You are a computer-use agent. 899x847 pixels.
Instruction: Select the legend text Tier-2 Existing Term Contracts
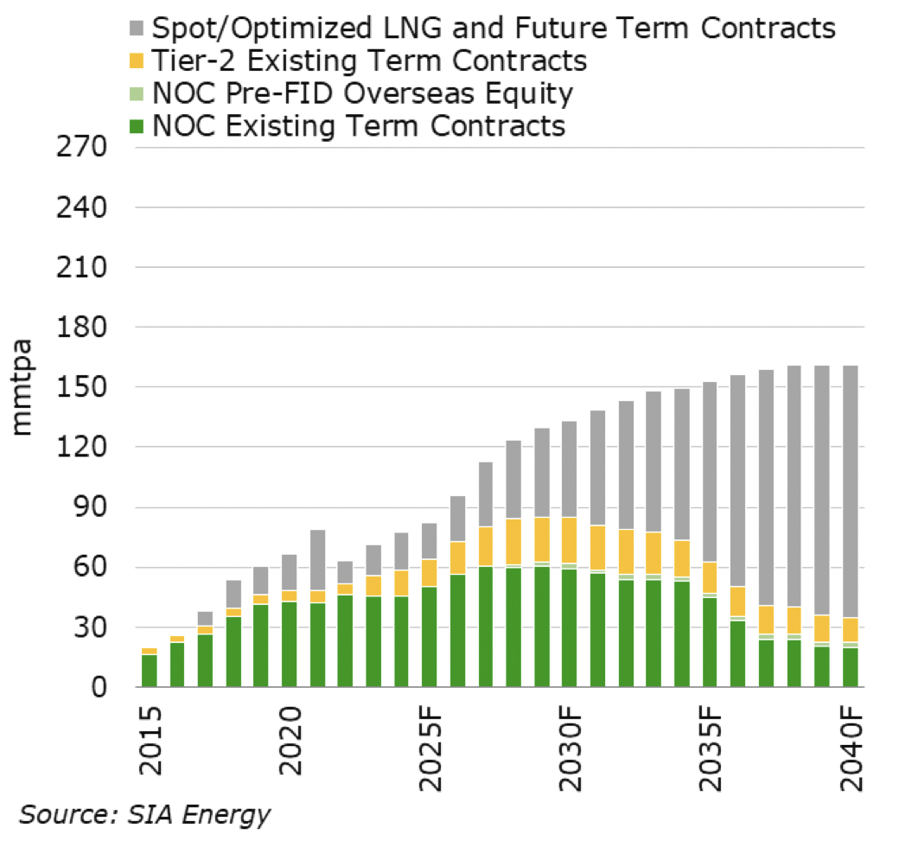coord(369,60)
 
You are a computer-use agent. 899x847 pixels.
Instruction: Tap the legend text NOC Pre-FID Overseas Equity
coord(363,93)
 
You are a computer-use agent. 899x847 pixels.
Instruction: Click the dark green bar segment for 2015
coord(150,671)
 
